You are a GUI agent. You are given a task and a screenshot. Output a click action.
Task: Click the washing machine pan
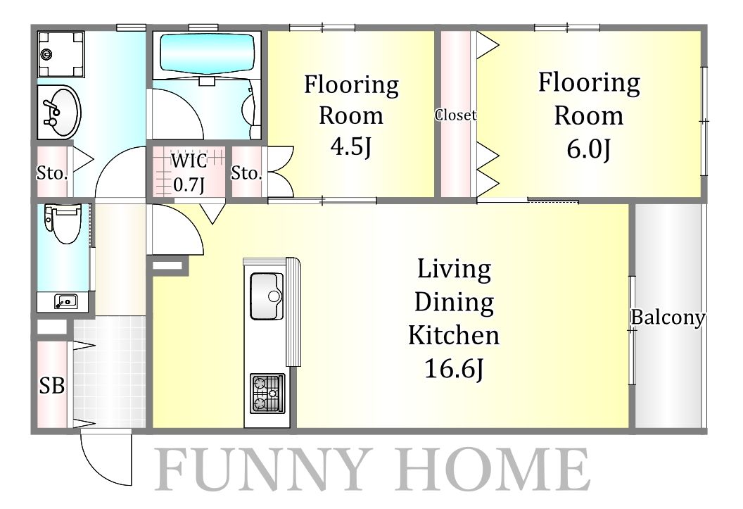(x=61, y=54)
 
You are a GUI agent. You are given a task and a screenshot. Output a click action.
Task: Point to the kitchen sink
(x=266, y=296)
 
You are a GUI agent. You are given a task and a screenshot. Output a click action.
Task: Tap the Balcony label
(x=668, y=317)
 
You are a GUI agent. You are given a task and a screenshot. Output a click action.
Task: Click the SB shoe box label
(x=51, y=385)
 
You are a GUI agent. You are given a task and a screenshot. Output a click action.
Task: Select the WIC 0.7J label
(x=189, y=172)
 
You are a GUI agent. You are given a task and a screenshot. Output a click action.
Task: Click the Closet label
(x=456, y=115)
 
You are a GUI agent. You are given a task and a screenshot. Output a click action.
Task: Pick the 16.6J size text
(x=454, y=368)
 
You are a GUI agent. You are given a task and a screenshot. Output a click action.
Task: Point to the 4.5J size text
(x=350, y=146)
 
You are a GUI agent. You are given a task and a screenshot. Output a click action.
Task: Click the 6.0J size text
(x=588, y=149)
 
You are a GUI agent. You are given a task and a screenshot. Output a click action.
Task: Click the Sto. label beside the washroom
(x=52, y=173)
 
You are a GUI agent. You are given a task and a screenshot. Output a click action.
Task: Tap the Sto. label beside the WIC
(x=246, y=173)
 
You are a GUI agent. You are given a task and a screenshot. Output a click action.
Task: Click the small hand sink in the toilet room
(x=65, y=301)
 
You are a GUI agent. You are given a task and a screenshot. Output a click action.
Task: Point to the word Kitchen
(x=454, y=335)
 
